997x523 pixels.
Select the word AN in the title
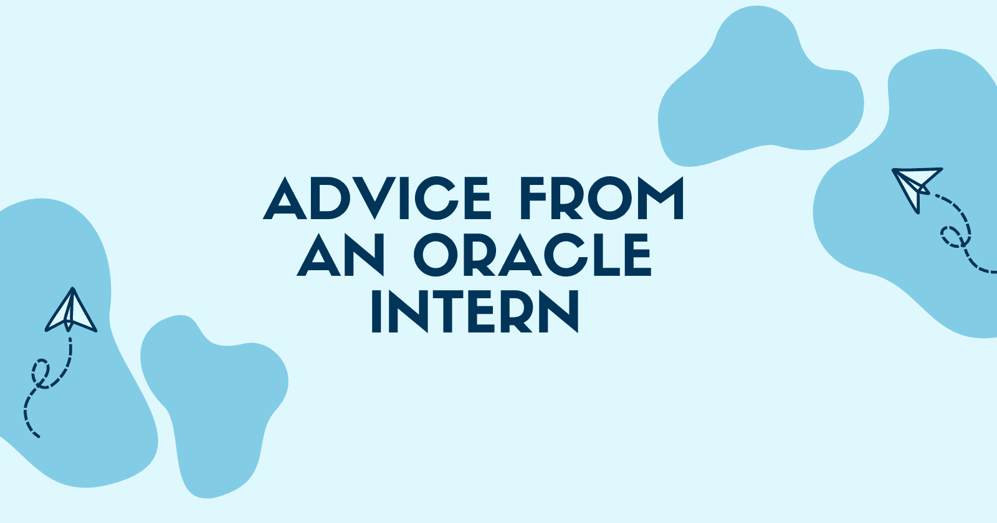[x=340, y=255]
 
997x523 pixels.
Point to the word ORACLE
[x=533, y=255]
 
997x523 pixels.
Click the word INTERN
[x=475, y=311]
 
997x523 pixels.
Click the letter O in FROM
[x=609, y=198]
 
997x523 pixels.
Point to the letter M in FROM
[x=661, y=198]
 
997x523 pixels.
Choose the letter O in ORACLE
[x=436, y=255]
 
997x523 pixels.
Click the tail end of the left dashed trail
[x=39, y=436]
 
